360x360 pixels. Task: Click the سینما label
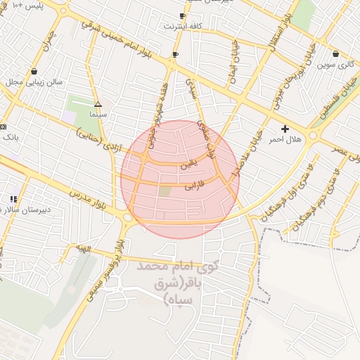click(98, 113)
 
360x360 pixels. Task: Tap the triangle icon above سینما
click(98, 103)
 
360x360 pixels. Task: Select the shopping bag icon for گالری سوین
click(335, 54)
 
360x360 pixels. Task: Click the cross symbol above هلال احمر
click(285, 129)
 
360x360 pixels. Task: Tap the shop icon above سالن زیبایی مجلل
click(34, 71)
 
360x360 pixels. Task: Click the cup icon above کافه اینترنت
click(182, 15)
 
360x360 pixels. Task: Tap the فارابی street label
click(194, 188)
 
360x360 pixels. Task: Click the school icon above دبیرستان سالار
click(13, 200)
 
